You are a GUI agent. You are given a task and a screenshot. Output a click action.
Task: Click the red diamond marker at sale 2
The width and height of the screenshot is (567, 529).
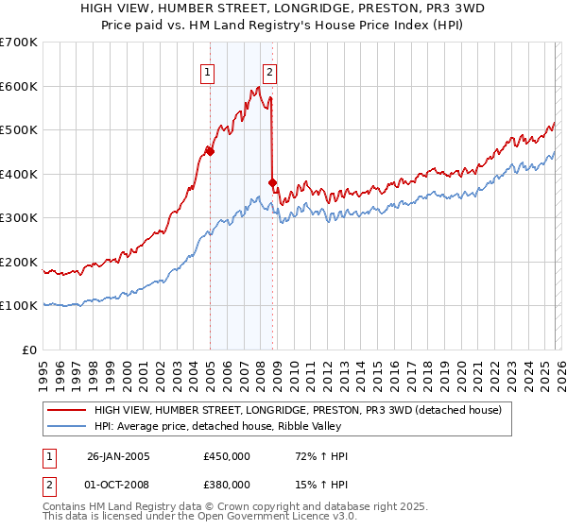pos(272,182)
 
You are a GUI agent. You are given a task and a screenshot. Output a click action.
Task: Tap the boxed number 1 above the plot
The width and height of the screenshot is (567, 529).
pos(207,71)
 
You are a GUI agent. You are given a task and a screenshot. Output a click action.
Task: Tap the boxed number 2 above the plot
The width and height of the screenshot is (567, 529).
pos(269,71)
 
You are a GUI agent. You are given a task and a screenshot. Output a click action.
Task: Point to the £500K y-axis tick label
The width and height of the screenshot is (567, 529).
pos(18,129)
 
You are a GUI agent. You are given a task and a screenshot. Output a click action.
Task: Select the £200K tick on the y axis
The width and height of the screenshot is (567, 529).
pos(18,262)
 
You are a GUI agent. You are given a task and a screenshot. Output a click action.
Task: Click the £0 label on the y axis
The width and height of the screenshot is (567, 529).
pos(28,350)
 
